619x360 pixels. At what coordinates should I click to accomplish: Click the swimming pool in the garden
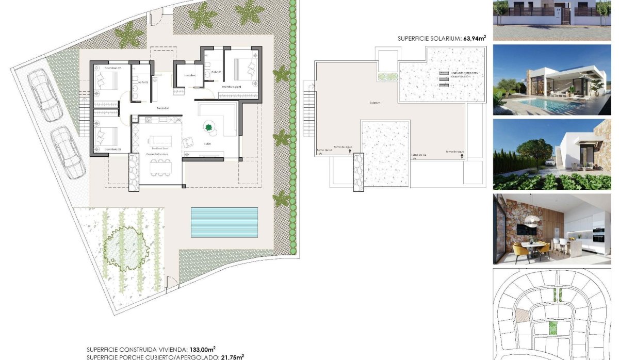pyautogui.click(x=224, y=222)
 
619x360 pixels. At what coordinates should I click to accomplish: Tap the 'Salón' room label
pyautogui.click(x=208, y=144)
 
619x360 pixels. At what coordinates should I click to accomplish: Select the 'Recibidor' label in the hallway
pyautogui.click(x=164, y=108)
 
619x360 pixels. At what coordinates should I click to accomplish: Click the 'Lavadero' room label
pyautogui.click(x=190, y=76)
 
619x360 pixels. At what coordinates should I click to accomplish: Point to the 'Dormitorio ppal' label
pyautogui.click(x=232, y=87)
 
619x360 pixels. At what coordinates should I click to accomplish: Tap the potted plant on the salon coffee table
pyautogui.click(x=209, y=127)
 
